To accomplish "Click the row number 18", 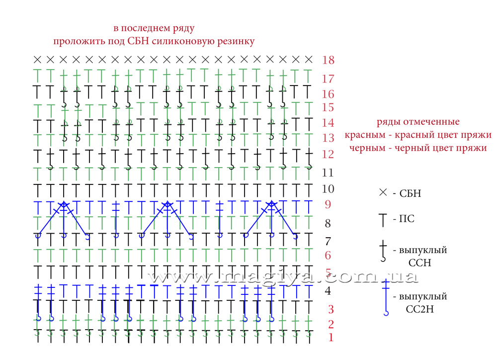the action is coord(328,60).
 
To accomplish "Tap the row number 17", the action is coord(328,79).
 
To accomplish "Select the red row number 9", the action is coord(328,204).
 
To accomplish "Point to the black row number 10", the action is coord(328,189).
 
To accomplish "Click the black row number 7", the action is coord(328,241).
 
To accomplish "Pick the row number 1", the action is coord(331,338).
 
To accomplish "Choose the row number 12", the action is coord(328,154).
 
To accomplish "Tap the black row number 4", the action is coord(328,290).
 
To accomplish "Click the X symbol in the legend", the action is coord(383,192).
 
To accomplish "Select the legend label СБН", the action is coord(410,193).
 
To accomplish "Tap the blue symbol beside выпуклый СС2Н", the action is coord(386,297).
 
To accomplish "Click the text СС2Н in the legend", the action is coord(419,309).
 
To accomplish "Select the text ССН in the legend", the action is coord(419,263).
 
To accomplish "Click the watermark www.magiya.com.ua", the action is coord(282,277).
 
